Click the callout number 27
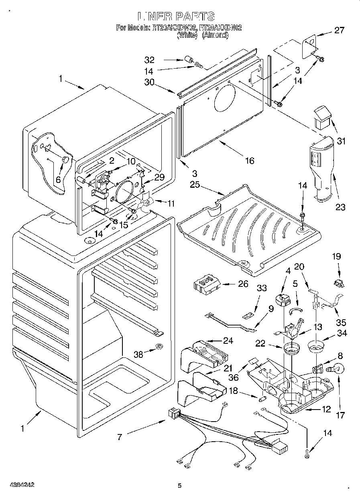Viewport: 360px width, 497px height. [339, 30]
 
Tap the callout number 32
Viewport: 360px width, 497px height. [149, 60]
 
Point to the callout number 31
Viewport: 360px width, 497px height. [341, 141]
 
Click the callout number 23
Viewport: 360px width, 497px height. [340, 207]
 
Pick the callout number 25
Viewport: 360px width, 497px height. [195, 185]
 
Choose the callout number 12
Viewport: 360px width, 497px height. [326, 409]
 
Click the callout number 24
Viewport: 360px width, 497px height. [228, 341]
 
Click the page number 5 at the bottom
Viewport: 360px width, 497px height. [180, 485]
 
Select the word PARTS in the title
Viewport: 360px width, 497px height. [194, 16]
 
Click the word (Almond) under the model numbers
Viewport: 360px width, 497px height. [216, 35]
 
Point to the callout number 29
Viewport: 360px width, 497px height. [159, 177]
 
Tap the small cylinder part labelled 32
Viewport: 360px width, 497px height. [187, 61]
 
